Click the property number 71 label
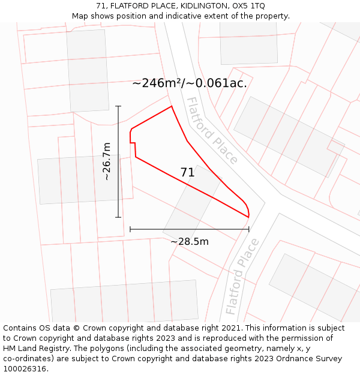[x=188, y=173]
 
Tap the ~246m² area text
[x=158, y=83]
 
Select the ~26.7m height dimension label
[x=107, y=161]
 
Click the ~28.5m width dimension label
[x=190, y=242]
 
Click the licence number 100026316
[x=25, y=368]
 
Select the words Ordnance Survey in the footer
[x=310, y=359]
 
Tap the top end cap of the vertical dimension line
[x=118, y=106]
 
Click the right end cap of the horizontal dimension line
[x=249, y=229]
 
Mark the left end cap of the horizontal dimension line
[x=130, y=229]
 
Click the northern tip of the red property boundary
[x=172, y=107]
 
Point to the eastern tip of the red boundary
[x=248, y=216]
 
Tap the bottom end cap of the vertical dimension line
[x=118, y=217]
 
